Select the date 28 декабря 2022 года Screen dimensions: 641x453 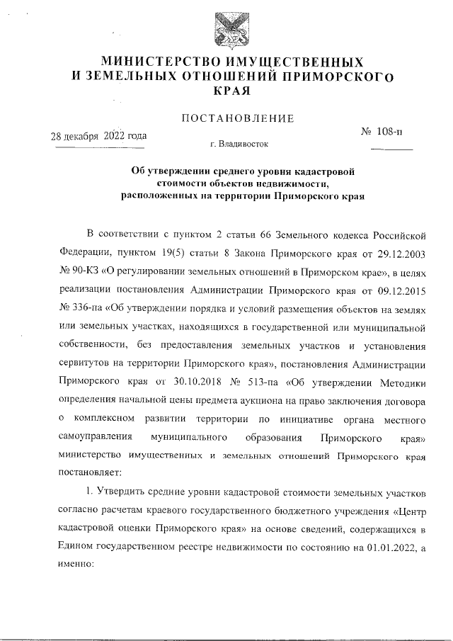click(x=99, y=136)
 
